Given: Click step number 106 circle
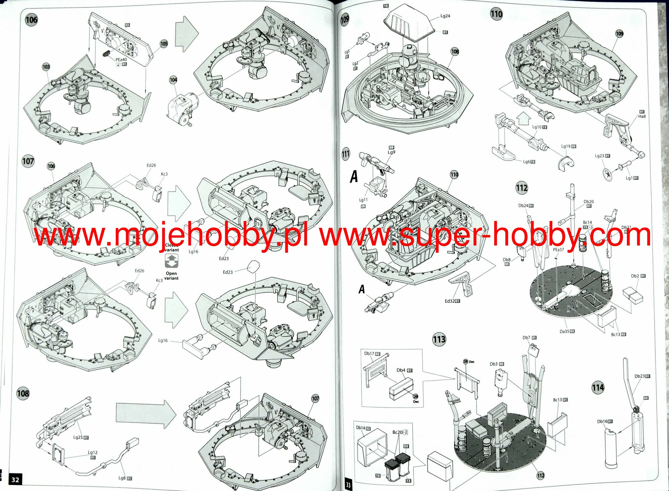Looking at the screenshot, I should [31, 20].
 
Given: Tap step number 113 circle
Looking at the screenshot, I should [439, 340].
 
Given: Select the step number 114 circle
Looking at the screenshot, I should [598, 388].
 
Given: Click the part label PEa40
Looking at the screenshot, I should [121, 59].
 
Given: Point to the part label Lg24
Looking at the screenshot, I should [445, 16].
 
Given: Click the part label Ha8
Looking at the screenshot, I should [642, 116].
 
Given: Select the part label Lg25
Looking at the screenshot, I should [78, 437].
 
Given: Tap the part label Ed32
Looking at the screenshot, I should [450, 301].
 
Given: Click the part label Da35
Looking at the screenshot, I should [564, 331].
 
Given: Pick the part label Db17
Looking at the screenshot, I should [369, 354].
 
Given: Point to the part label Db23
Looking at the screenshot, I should [640, 376].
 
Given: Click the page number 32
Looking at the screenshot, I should [15, 480].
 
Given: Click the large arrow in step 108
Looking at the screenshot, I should [146, 415].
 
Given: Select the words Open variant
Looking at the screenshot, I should [171, 276].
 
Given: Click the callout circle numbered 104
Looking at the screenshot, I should [173, 80].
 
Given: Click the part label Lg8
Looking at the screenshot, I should [122, 478].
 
